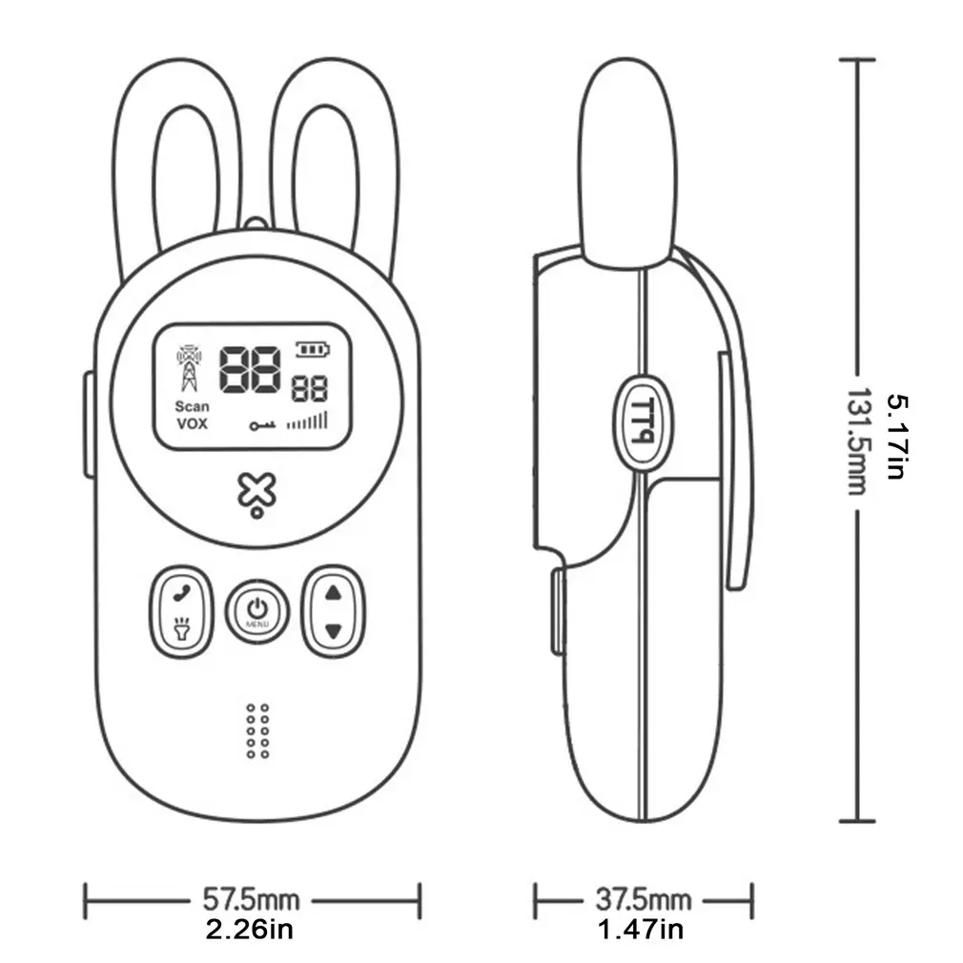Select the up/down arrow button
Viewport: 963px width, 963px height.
(x=333, y=610)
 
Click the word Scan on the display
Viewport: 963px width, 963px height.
(x=192, y=406)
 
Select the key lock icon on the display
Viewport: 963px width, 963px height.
(x=262, y=425)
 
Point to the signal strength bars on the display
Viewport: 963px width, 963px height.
(x=307, y=420)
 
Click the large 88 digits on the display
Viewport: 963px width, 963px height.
(x=251, y=370)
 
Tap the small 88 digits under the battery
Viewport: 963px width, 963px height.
(x=309, y=389)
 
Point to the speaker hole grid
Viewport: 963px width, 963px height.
(x=257, y=731)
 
